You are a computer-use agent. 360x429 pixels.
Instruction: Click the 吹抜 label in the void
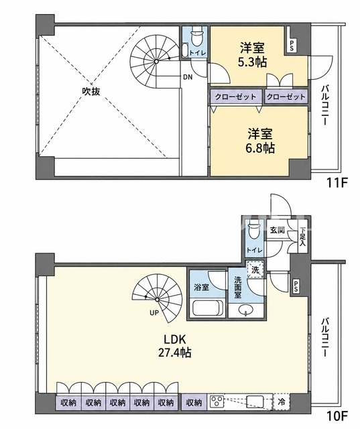pos(91,91)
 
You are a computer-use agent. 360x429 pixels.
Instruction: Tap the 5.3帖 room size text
pos(252,62)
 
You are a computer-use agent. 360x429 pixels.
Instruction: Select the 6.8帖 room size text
pos(260,148)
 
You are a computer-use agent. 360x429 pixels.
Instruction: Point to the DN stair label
pos(188,77)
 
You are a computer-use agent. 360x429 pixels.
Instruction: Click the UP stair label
pos(154,313)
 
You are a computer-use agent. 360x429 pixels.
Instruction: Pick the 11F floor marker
pos(337,182)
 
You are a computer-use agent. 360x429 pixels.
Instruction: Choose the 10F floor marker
pos(337,416)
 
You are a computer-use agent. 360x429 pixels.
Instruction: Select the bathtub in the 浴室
pos(206,308)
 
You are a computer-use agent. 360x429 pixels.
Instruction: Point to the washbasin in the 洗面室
pos(245,310)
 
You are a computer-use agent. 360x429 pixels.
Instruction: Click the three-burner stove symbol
pos(217,402)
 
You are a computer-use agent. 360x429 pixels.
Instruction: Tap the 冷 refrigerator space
pos(281,402)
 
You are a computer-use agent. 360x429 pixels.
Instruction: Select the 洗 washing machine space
pos(255,269)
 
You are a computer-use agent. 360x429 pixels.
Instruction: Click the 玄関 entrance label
pos(278,230)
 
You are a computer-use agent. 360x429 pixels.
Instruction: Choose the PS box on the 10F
pos(296,287)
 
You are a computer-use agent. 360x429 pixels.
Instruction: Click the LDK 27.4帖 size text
pos(175,346)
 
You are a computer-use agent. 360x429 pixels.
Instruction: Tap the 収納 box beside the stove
pos(194,402)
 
